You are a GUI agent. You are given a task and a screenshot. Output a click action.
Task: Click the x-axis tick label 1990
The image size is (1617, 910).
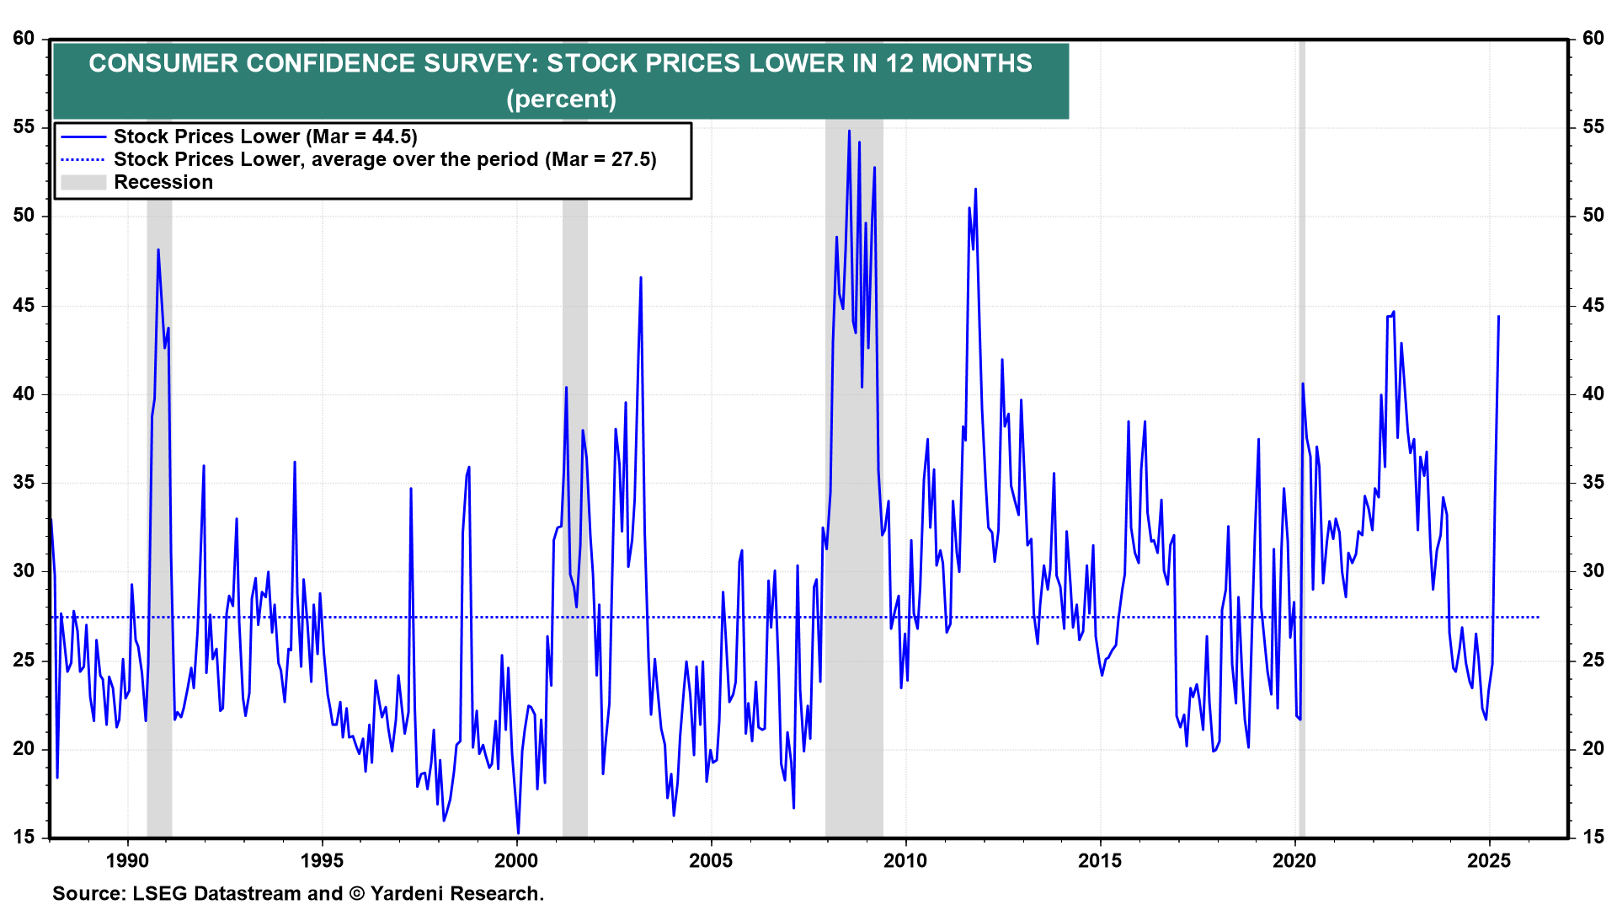(127, 860)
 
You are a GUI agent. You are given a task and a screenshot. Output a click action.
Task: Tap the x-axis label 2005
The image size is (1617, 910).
(711, 860)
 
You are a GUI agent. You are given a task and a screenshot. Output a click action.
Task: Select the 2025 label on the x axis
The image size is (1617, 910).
(1489, 860)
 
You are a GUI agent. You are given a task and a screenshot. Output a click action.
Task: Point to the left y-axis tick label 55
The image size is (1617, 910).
(24, 127)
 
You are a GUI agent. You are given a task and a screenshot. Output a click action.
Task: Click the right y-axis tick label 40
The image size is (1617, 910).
(1593, 393)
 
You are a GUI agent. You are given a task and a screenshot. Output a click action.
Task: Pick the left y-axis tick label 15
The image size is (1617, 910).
(24, 837)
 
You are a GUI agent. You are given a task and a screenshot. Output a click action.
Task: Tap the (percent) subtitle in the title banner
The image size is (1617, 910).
(561, 99)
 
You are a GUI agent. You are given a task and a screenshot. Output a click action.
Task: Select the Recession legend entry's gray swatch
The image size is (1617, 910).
(83, 182)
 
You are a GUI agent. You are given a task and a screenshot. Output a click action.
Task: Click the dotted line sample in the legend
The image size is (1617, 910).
(83, 159)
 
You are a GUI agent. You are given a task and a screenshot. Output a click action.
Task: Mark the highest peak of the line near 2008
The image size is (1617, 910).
(849, 131)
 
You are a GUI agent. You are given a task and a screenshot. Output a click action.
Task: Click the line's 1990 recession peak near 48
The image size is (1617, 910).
(157, 249)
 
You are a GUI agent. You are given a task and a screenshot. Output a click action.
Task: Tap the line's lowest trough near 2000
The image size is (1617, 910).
(518, 833)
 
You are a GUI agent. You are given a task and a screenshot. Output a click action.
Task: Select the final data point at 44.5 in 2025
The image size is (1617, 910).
(1498, 317)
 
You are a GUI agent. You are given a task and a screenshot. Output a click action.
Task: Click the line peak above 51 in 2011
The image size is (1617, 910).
(975, 189)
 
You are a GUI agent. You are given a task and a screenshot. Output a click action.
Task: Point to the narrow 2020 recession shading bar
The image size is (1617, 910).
(1301, 438)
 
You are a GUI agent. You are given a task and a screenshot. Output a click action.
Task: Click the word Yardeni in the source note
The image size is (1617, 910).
(408, 893)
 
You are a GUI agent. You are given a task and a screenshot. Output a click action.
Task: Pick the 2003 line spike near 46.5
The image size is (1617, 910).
(641, 277)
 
